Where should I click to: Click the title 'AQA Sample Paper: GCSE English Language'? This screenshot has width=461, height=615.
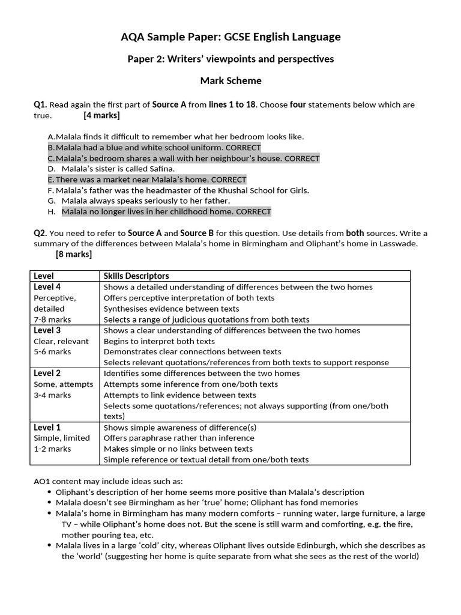[x=230, y=37]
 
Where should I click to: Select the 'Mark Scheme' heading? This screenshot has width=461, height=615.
[x=230, y=80]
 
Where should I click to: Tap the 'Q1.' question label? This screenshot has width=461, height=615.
[x=40, y=105]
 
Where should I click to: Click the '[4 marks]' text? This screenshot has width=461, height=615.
[x=101, y=115]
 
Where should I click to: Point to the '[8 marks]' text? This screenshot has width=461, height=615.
[x=74, y=254]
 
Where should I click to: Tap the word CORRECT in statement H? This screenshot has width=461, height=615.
[x=253, y=211]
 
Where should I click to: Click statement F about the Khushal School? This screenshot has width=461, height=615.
[x=178, y=190]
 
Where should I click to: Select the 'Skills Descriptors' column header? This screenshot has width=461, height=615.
[x=136, y=276]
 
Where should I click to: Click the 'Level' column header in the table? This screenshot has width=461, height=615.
[x=44, y=276]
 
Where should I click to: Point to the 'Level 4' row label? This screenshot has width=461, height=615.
[x=47, y=286]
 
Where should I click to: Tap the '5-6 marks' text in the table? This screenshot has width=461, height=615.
[x=52, y=352]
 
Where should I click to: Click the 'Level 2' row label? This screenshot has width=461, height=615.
[x=47, y=373]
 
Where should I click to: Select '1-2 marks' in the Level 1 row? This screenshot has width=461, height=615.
[x=52, y=449]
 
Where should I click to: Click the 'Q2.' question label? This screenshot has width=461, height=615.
[x=40, y=233]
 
